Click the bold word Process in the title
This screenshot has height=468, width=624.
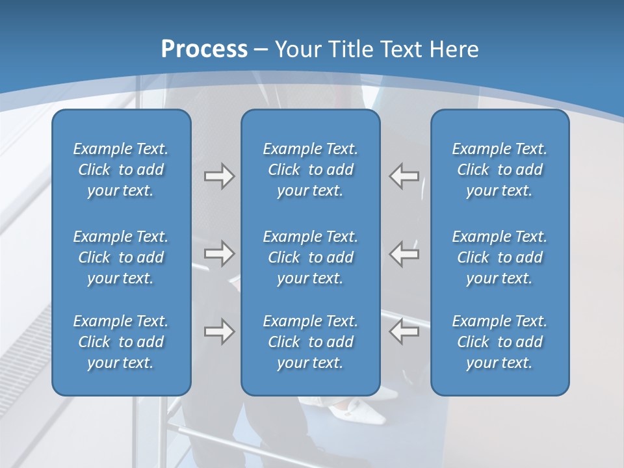[x=204, y=49]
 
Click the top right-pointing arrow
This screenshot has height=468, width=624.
[x=219, y=176]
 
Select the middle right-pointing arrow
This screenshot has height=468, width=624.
[x=219, y=253]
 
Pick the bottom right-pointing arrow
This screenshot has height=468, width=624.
[x=219, y=331]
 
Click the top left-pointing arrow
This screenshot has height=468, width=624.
[x=404, y=176]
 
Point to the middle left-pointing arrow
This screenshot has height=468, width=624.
[x=404, y=253]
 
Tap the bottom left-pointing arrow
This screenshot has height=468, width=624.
[x=404, y=331]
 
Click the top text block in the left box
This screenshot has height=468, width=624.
[x=121, y=170]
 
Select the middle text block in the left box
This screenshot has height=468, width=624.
[x=121, y=257]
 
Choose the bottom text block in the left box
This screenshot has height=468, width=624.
[x=121, y=342]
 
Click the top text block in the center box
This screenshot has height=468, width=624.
[x=310, y=170]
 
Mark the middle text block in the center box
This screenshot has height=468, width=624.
[x=310, y=257]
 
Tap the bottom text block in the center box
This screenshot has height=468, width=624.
[x=310, y=342]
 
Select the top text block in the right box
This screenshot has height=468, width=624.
[x=500, y=170]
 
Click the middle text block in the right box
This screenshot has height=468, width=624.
[x=500, y=257]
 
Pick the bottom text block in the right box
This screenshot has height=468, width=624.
[x=500, y=342]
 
